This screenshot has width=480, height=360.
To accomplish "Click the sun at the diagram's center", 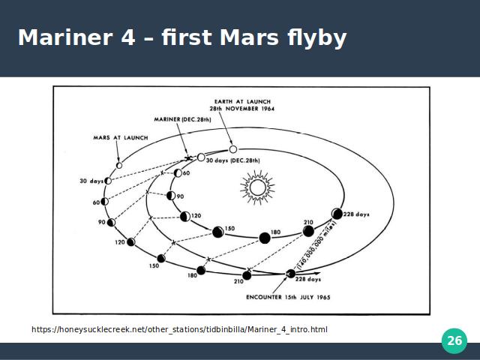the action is point(257,187).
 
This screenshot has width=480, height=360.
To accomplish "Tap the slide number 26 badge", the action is point(454,340).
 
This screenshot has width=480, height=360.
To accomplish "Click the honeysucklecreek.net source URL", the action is point(179,330).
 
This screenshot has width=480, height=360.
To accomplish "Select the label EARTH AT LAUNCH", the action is point(242,101).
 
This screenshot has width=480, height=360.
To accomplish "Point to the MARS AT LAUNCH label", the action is point(121,138).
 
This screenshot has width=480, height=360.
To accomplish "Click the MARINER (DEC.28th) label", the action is point(182,119).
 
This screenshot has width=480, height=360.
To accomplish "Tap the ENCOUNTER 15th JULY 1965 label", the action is point(288,297).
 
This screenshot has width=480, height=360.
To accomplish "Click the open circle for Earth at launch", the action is point(233,149).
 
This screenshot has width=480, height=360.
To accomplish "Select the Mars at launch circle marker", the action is point(119,165).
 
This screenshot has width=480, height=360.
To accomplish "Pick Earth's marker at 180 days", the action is point(265,238).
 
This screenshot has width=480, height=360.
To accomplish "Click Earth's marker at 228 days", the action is point(337,214).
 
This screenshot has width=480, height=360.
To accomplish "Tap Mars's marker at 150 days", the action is point(161,258).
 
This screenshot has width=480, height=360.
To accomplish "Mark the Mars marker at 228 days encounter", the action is point(290,274).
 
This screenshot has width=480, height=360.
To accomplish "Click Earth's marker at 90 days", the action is point(171,196).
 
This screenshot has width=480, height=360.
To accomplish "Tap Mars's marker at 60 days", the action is point(105,202).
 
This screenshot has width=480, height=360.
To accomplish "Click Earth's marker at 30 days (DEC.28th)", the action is point(201,157).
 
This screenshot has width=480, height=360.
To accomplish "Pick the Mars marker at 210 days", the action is point(247,275).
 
